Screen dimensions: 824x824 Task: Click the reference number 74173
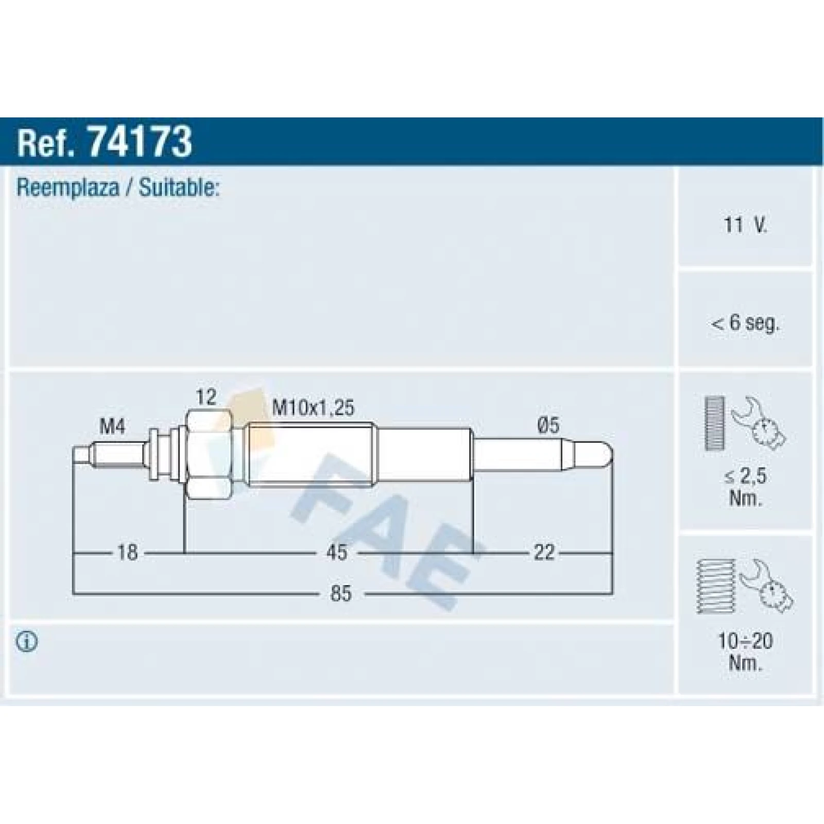click(x=140, y=142)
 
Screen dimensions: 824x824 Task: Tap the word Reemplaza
click(x=67, y=187)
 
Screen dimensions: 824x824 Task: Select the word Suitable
click(x=179, y=187)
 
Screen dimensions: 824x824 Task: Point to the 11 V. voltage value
click(x=745, y=225)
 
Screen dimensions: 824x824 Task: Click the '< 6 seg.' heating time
click(x=745, y=323)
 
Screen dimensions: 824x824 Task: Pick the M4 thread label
click(x=112, y=426)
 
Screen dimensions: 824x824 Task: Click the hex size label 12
click(x=206, y=397)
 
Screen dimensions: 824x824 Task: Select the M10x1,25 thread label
click(x=313, y=408)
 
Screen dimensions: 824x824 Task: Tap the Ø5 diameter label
click(x=548, y=425)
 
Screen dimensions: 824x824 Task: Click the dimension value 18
click(x=127, y=553)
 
